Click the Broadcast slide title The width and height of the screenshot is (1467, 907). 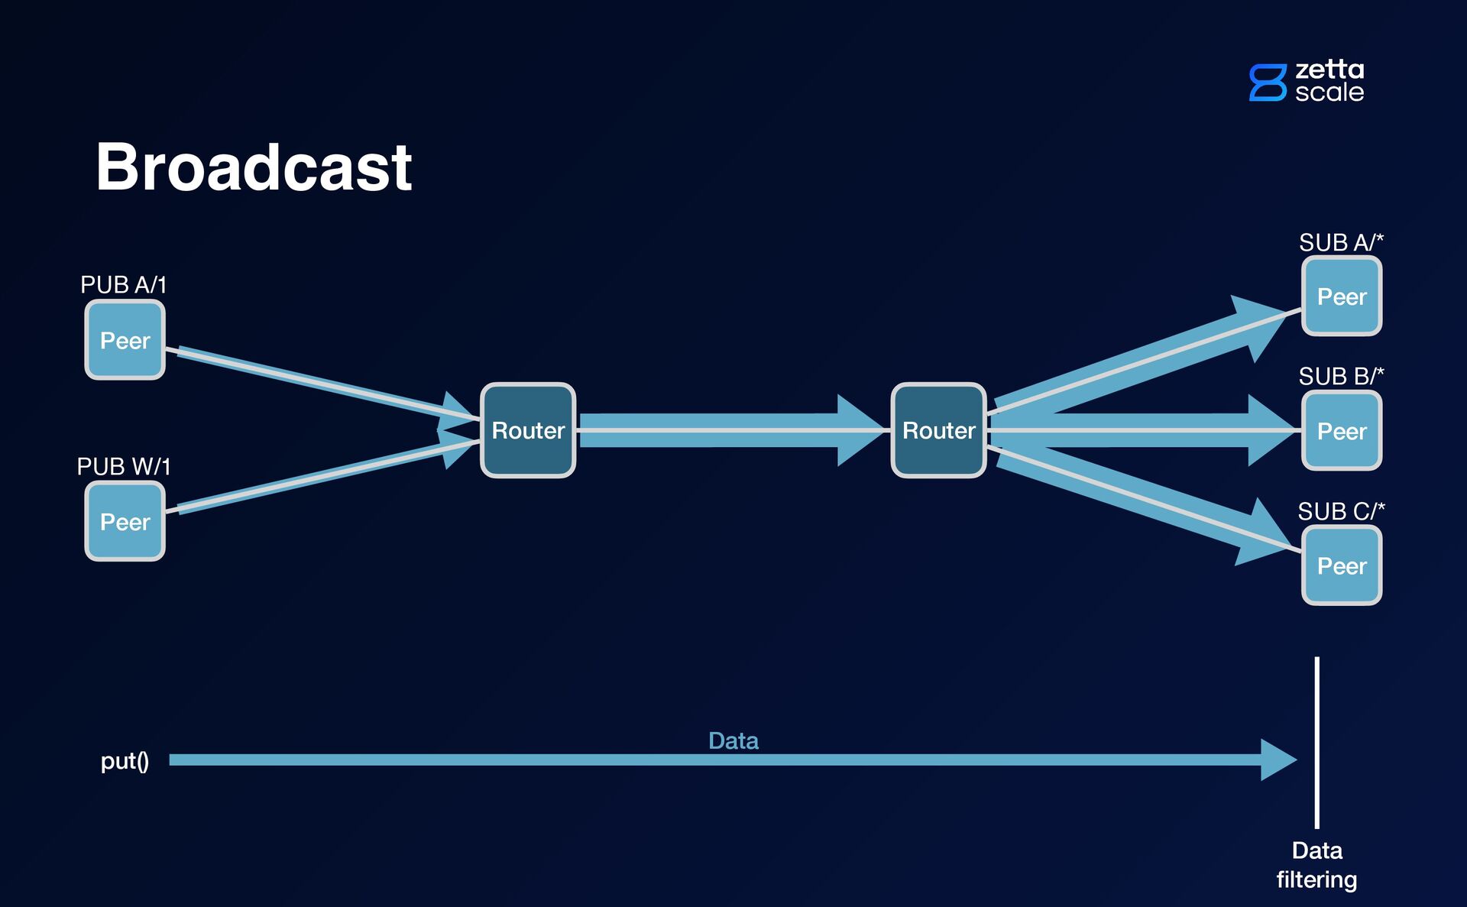click(x=254, y=167)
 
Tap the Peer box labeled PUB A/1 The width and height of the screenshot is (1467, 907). click(x=125, y=340)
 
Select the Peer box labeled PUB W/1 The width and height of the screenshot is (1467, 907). click(x=125, y=521)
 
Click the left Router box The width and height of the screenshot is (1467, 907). click(x=528, y=430)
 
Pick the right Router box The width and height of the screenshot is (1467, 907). click(x=938, y=430)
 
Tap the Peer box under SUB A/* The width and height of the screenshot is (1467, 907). click(x=1342, y=296)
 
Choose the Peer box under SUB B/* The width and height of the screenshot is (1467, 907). click(x=1342, y=431)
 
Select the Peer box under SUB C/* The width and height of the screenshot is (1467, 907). click(x=1342, y=565)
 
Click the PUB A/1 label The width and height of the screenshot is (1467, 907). click(x=123, y=285)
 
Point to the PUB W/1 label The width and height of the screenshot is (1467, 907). click(x=123, y=466)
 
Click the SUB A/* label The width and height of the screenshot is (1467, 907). click(x=1341, y=242)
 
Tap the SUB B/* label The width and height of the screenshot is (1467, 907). click(x=1341, y=376)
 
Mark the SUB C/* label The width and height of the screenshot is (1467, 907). click(x=1341, y=510)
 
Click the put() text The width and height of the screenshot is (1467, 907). click(x=125, y=761)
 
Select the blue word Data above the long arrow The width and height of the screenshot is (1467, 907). click(x=733, y=740)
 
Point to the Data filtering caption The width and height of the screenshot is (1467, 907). click(x=1316, y=865)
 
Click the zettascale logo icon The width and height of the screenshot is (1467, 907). click(x=1268, y=83)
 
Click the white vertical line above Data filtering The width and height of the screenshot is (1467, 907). click(x=1316, y=741)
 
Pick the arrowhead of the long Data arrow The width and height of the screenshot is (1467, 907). click(x=1278, y=760)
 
